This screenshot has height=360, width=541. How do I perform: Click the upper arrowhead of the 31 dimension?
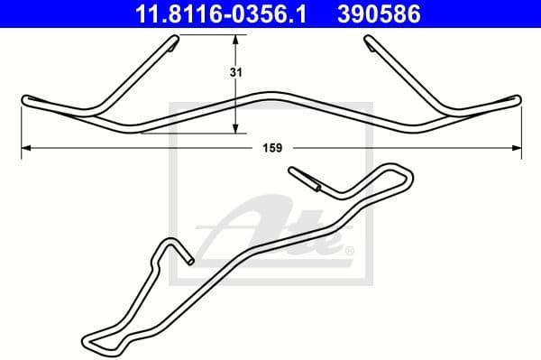pos(236,41)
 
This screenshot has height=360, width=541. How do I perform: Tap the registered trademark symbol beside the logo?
pos(349,250)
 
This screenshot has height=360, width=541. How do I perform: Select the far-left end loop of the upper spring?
pos(26,98)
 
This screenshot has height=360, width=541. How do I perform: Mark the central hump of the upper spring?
pos(270,95)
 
